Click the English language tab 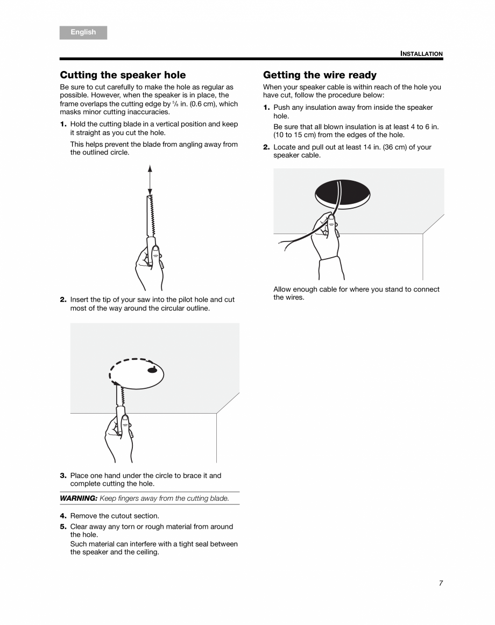coord(83,32)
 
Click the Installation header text coord(421,54)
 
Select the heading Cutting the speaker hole coord(123,75)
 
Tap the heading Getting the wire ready coord(320,75)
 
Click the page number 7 coord(441,583)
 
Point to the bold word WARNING coord(79,498)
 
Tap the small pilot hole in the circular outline coord(153,370)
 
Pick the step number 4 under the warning coord(63,516)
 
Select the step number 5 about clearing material coord(63,527)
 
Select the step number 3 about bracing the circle coord(63,475)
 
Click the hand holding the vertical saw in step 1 coord(149,264)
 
